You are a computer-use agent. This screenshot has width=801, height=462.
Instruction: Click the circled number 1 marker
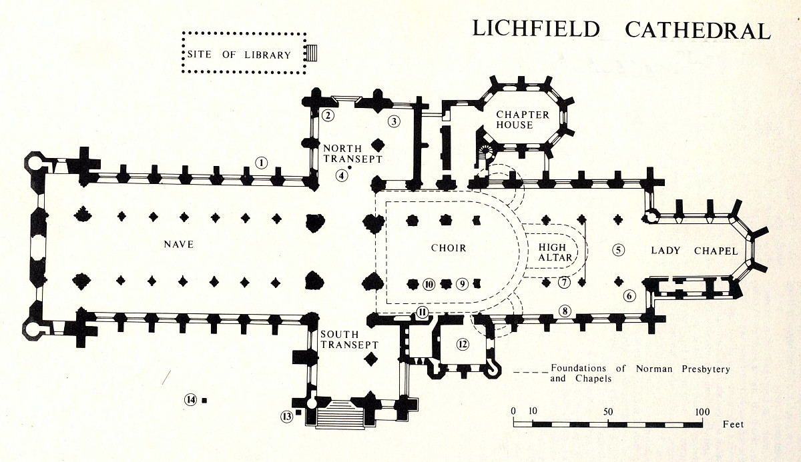(x=262, y=161)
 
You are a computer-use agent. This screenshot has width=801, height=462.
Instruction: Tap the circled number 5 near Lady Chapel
(x=619, y=250)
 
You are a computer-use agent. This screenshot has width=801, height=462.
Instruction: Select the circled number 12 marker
(x=461, y=344)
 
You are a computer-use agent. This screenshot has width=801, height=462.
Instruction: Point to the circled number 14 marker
(x=190, y=400)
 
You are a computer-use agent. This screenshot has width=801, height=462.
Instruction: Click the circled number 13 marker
(x=287, y=417)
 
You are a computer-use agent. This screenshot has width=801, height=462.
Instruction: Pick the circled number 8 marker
(x=565, y=310)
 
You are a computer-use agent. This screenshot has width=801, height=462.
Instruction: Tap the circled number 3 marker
(x=394, y=121)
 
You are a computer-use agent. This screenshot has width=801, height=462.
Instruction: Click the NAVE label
(x=178, y=245)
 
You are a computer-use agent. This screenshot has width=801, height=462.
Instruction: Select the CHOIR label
(x=448, y=248)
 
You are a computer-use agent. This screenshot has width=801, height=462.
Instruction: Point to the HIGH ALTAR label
(x=551, y=253)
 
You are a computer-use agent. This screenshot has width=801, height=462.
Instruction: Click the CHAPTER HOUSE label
(x=523, y=119)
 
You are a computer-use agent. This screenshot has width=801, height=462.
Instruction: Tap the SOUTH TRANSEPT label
(x=349, y=339)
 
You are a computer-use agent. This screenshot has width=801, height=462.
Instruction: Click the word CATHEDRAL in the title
(x=698, y=29)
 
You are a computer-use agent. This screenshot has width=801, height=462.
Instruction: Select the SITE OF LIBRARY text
(x=239, y=55)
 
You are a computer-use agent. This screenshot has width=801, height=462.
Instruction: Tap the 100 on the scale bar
(x=702, y=411)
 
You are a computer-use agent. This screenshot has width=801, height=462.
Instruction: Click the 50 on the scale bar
(x=607, y=411)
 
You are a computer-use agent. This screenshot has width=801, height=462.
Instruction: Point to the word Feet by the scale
(x=733, y=424)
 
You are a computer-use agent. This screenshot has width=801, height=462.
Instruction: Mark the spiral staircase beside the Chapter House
(x=485, y=153)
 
